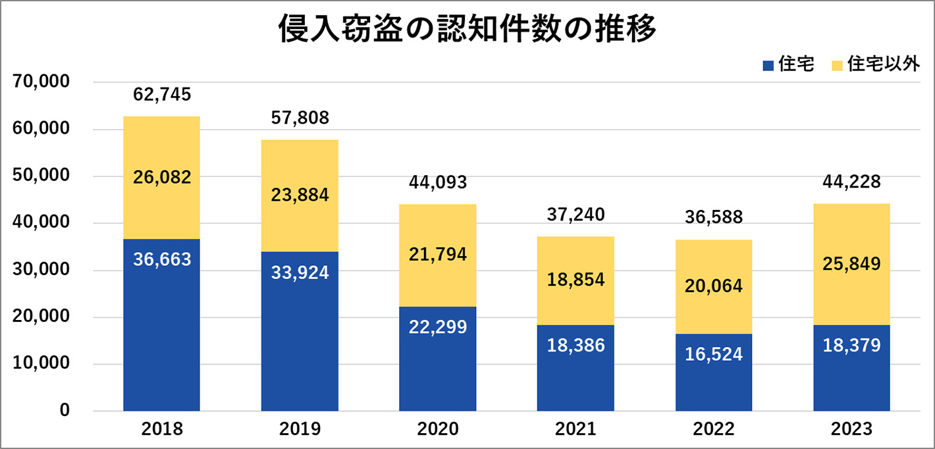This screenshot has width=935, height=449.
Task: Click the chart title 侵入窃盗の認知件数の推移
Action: point(467,30)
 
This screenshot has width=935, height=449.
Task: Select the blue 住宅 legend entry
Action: point(788,65)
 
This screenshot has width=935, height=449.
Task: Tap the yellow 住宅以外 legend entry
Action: point(876,65)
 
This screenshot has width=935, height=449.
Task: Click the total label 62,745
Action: point(162,95)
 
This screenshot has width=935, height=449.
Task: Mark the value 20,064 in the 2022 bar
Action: point(714,286)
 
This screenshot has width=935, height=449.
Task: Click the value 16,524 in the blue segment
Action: point(714,354)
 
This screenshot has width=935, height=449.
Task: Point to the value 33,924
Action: point(300,273)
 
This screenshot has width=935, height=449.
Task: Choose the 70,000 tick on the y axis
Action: point(41,82)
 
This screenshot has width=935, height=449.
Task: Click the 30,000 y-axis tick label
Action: point(41,270)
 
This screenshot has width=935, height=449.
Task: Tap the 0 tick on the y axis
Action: point(65,411)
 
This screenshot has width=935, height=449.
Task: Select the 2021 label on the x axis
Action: point(575,430)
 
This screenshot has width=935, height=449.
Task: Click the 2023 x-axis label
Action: point(851,430)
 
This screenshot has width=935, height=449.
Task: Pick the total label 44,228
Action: point(851,182)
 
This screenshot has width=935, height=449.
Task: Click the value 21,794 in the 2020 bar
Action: point(438,254)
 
